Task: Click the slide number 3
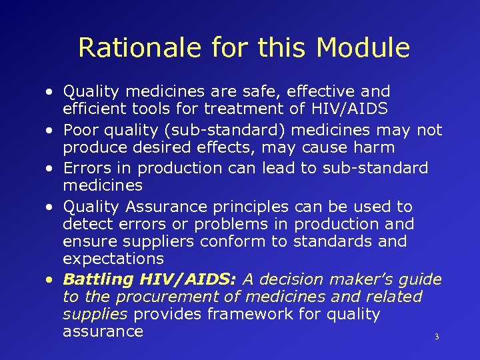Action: [x=437, y=337]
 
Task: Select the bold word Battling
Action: [x=99, y=279]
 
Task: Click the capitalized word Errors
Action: [x=85, y=168]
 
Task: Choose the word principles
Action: [x=256, y=207]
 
